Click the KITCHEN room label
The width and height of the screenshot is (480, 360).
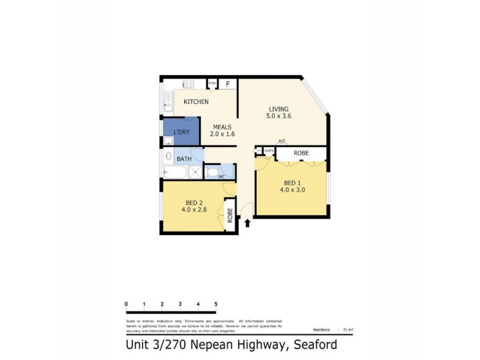coord(196,101)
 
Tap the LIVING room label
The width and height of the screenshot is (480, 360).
coord(278,109)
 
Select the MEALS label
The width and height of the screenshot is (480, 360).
coord(222,127)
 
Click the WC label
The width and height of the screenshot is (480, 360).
coord(221,176)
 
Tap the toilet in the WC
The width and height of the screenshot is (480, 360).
coord(212,173)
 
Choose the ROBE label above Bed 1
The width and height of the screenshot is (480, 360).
coord(301,154)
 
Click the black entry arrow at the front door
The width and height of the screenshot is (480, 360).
coord(247,223)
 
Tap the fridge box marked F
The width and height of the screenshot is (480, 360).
coord(229,85)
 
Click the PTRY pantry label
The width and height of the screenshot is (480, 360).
coord(212,83)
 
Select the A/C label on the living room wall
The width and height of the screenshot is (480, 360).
coord(282,141)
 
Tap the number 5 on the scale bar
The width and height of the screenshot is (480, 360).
coord(215,305)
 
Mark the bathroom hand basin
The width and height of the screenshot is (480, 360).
coord(167,155)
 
